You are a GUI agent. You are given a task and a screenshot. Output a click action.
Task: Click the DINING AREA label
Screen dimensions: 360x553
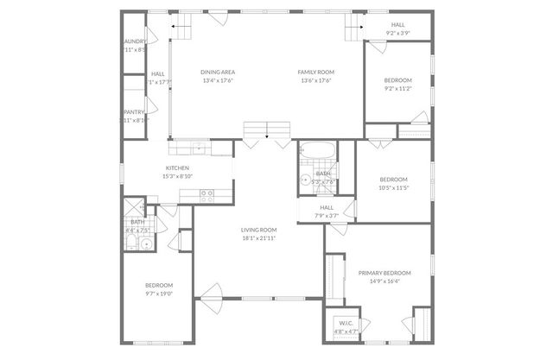click(x=219, y=72)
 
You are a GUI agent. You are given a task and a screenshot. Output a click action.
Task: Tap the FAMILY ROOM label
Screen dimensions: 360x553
click(x=316, y=72)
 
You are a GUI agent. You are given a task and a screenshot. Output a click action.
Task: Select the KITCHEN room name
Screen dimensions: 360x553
click(x=177, y=167)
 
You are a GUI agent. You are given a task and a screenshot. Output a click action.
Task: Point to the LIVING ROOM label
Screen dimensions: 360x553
click(x=259, y=229)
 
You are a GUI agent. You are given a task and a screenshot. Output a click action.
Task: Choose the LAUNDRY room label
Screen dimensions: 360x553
click(x=134, y=41)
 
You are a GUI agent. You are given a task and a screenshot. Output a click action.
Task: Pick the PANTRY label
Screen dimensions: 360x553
click(x=133, y=111)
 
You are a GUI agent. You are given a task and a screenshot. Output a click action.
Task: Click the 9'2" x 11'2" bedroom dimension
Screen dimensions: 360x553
click(x=397, y=88)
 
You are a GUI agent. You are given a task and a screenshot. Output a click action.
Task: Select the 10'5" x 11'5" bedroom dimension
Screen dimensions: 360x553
click(x=393, y=187)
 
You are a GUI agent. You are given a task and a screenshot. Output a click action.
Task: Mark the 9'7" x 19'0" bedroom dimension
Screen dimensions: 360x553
click(x=159, y=294)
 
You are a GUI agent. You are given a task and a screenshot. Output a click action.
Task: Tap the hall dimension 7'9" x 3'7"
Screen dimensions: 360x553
click(x=327, y=216)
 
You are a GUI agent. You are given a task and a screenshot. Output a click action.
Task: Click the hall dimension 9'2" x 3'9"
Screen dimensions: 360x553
click(x=397, y=35)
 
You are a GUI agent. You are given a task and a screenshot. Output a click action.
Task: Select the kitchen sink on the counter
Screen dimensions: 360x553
click(x=199, y=147)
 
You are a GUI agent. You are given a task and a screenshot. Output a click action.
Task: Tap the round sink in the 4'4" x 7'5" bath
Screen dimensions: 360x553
click(x=146, y=244)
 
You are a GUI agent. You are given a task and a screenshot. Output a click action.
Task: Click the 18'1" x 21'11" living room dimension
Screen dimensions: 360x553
click(x=259, y=237)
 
